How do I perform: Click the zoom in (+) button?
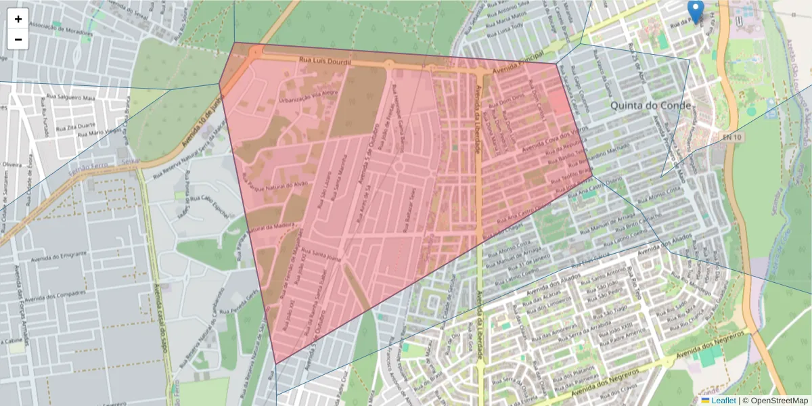click(x=18, y=19)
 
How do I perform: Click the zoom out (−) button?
click(x=18, y=39)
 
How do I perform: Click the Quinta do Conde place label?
click(x=650, y=106)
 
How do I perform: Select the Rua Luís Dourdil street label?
click(x=325, y=62)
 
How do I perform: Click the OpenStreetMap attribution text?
click(x=778, y=401)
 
